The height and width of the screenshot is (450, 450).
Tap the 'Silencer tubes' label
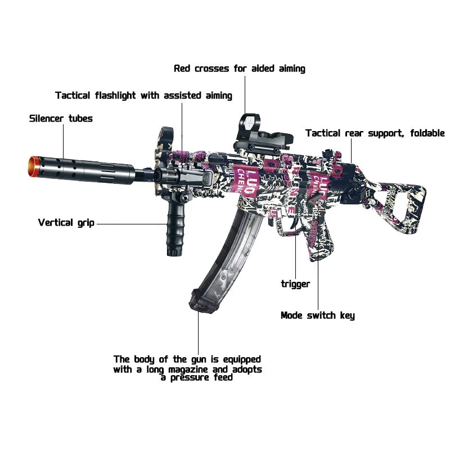pos(61,119)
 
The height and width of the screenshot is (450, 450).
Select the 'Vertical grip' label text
pos(66,222)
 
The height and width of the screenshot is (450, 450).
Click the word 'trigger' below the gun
pos(295,284)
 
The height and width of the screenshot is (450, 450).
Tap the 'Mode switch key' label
pos(318,316)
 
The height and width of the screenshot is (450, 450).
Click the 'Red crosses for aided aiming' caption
pos(240,69)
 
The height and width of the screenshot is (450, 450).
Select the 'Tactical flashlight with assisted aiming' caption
pos(143,96)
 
